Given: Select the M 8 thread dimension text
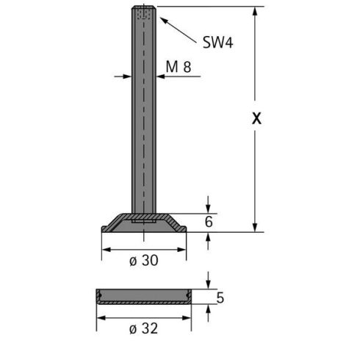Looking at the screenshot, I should click(x=179, y=67).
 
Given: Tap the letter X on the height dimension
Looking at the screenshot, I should click(x=256, y=120).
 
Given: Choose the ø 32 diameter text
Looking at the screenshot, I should click(x=144, y=328).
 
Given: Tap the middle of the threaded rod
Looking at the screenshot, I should click(x=144, y=110).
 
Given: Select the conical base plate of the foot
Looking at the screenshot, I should click(x=144, y=223).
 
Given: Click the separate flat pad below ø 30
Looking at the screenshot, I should click(x=144, y=297).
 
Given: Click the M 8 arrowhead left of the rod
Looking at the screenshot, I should click(x=128, y=76).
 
